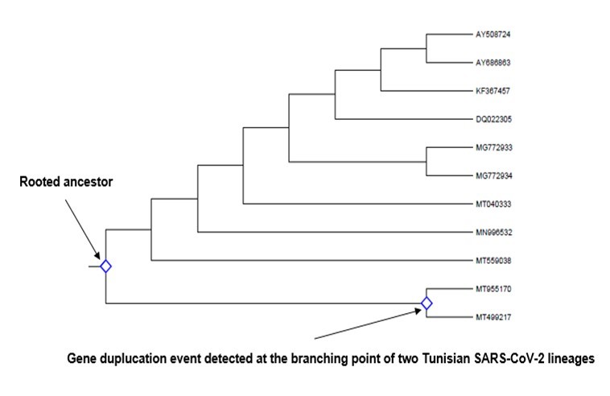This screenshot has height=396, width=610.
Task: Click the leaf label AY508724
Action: click(494, 35)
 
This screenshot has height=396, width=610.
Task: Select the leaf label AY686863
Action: click(494, 63)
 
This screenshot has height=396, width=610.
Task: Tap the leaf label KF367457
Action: click(494, 90)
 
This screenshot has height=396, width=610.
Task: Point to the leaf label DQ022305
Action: click(494, 119)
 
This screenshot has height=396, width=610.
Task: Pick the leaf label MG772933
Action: click(494, 147)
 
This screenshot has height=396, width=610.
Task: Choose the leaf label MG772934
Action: click(494, 175)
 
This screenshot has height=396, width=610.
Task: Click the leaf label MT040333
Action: click(494, 204)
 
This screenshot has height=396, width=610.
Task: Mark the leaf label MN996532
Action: click(494, 232)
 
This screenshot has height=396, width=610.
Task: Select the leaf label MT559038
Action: click(494, 260)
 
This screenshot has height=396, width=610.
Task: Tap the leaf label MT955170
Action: click(494, 288)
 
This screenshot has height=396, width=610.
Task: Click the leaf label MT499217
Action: click(494, 316)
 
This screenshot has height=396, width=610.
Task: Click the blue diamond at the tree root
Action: click(105, 266)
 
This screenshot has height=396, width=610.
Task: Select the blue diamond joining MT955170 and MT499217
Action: click(427, 303)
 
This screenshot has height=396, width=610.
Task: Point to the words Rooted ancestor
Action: click(66, 183)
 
